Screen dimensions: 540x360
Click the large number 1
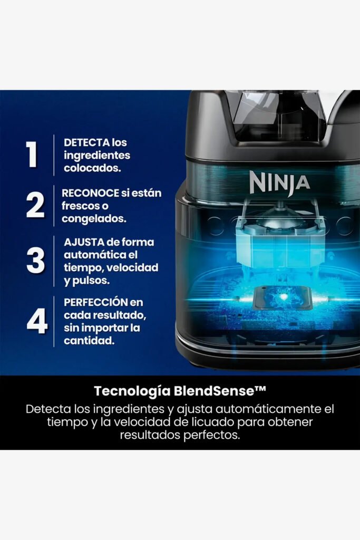coord(32,155)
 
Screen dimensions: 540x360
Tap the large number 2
coord(35,205)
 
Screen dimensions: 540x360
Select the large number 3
coord(35,261)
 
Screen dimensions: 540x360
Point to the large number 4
coord(37,321)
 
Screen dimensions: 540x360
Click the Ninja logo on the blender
coord(279,182)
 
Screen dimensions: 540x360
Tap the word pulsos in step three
coord(92,281)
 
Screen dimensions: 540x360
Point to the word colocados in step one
coord(92,168)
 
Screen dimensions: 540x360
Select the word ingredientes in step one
coord(97,156)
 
